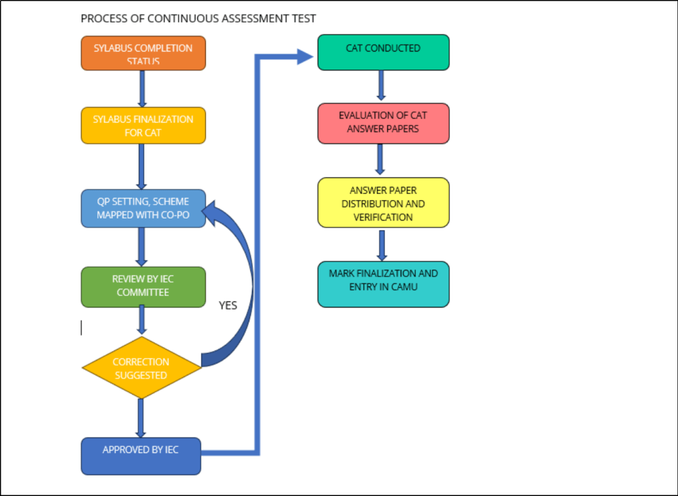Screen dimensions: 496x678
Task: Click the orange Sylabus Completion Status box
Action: (143, 53)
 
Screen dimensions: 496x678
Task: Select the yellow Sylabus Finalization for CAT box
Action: (143, 125)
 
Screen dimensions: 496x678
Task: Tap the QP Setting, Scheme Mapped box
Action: (143, 209)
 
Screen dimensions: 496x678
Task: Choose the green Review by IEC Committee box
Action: (143, 287)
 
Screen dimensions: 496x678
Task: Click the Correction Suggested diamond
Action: (141, 368)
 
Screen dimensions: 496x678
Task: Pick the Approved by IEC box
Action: (140, 456)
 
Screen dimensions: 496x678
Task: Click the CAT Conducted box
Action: (383, 52)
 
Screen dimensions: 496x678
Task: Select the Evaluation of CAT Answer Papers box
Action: (383, 123)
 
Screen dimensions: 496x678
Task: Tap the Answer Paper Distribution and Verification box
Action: (383, 203)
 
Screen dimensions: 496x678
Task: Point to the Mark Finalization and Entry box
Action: (383, 283)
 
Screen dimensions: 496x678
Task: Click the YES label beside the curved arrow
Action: (228, 305)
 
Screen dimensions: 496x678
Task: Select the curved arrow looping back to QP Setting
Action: (242, 278)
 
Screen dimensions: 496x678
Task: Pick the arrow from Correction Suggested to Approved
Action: (141, 417)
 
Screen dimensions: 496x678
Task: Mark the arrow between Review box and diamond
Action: (142, 322)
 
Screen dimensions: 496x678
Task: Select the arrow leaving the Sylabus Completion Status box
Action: (141, 88)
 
